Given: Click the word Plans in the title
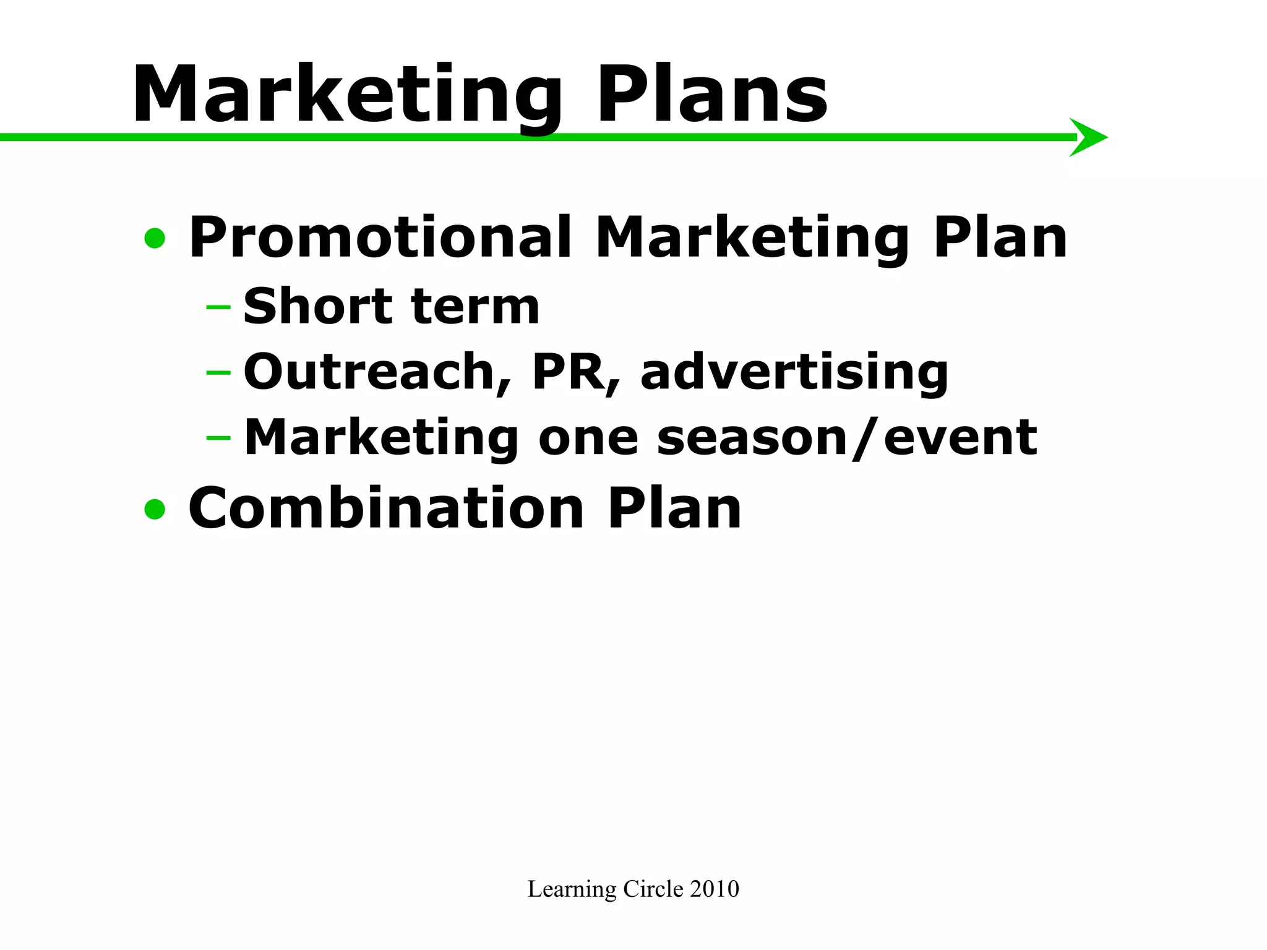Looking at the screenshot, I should pyautogui.click(x=711, y=94).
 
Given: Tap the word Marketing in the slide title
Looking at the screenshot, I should pyautogui.click(x=347, y=94).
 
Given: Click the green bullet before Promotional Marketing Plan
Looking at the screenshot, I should pyautogui.click(x=155, y=238).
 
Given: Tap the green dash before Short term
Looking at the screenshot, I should pyautogui.click(x=218, y=306).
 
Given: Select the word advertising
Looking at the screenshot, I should pyautogui.click(x=794, y=373).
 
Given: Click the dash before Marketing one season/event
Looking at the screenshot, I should pyautogui.click(x=218, y=438).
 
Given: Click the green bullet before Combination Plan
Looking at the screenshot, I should pyautogui.click(x=155, y=509).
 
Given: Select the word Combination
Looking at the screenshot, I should pyautogui.click(x=386, y=509).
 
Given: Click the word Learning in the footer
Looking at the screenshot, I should pyautogui.click(x=572, y=889).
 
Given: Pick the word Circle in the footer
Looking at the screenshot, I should pyautogui.click(x=653, y=889).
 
